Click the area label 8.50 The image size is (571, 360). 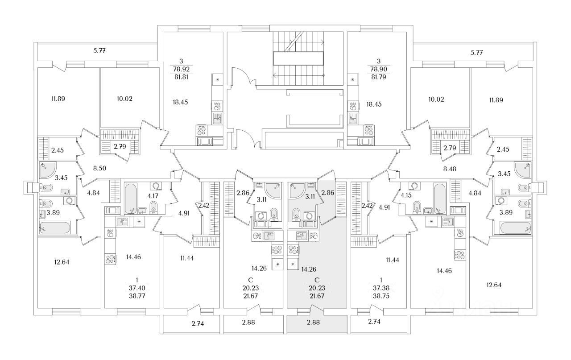99,168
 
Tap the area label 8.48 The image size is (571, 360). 450,169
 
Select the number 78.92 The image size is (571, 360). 181,69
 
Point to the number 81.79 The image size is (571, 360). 379,77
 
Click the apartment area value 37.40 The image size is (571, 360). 137,288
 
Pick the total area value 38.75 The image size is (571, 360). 381,296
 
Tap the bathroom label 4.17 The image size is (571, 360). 153,196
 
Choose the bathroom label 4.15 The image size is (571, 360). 406,195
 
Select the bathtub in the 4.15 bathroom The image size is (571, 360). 439,198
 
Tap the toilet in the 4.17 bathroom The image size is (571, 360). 153,207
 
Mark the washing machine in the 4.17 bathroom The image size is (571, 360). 156,186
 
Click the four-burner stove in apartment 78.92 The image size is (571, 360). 202,131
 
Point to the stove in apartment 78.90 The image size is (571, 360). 369,131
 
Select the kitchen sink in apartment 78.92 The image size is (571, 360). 217,118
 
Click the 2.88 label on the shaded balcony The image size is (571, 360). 313,322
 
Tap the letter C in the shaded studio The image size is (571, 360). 317,280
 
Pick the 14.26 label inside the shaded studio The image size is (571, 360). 309,269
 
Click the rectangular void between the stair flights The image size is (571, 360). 298,58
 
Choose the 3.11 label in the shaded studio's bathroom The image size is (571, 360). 310,197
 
